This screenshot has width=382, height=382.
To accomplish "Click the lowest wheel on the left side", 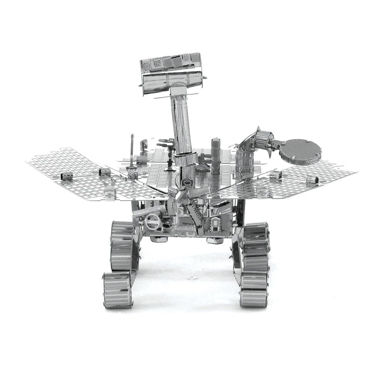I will [x=117, y=290].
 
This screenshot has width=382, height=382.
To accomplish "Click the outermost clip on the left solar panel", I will [x=65, y=176].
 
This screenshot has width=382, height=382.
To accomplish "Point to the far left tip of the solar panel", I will [x=27, y=162].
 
